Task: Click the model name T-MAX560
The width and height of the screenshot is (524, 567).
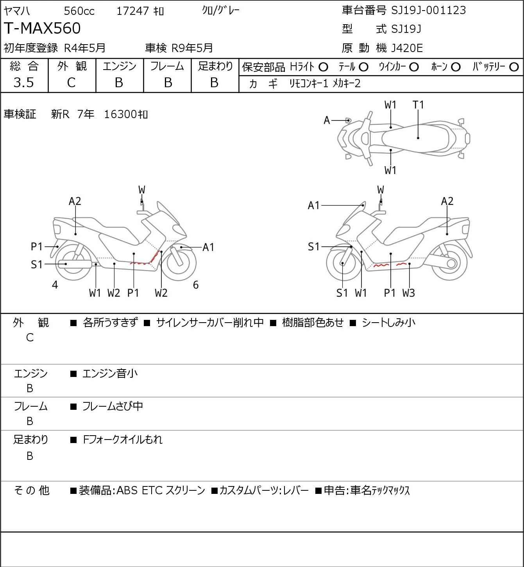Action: point(42,29)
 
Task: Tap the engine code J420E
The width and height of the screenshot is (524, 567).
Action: point(406,48)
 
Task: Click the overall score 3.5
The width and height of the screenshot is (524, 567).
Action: point(23,83)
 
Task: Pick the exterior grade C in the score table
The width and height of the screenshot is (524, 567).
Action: point(71,83)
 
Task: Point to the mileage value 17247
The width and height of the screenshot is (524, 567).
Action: point(132,11)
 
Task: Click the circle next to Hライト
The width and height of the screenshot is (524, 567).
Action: point(323,67)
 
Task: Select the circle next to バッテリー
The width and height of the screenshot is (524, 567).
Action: point(514,67)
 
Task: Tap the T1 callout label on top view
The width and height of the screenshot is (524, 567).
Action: point(418,105)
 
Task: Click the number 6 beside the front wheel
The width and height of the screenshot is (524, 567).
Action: point(196,285)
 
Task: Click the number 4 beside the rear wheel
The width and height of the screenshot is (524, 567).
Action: point(55,285)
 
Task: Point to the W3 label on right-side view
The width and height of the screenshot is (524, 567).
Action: point(408,293)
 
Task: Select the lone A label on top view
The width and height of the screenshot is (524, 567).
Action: point(327,120)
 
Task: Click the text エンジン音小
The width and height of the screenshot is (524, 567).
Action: point(110,374)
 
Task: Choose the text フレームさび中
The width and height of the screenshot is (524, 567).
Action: point(113,407)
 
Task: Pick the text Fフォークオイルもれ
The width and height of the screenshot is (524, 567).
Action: point(123,440)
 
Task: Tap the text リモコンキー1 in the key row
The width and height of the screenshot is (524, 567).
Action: point(308,83)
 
